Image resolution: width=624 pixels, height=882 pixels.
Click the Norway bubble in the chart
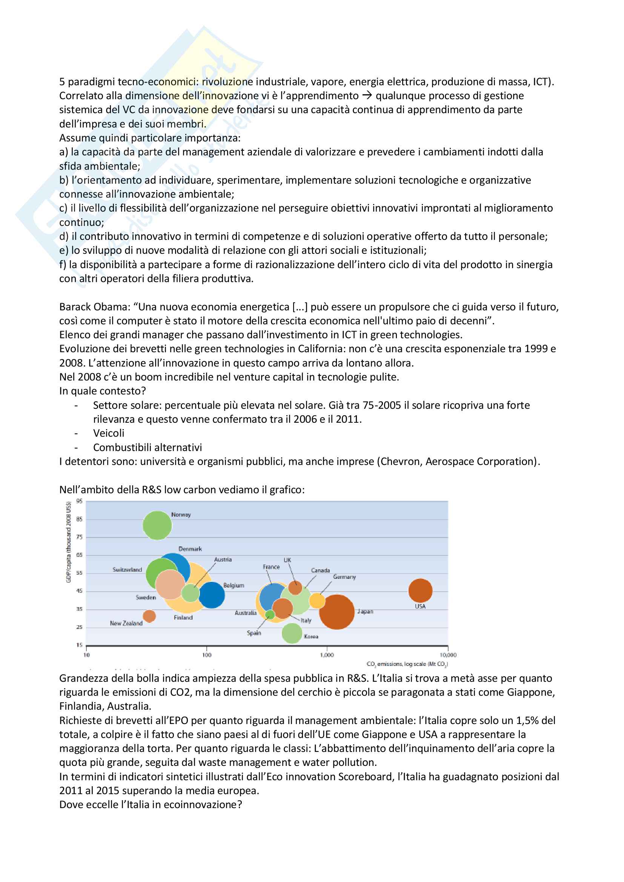tap(157, 525)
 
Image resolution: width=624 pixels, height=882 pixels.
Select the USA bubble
tap(420, 591)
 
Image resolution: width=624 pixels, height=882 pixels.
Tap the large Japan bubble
tap(337, 612)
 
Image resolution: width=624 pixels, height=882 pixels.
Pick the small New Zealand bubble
tap(149, 616)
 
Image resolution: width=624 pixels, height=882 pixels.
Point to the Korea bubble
tap(292, 633)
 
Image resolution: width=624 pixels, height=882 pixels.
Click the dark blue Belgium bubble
tap(211, 595)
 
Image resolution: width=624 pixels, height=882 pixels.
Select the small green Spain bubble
tap(270, 615)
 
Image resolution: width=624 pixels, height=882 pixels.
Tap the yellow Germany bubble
tap(317, 600)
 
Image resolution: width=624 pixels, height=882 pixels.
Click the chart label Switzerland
tap(127, 570)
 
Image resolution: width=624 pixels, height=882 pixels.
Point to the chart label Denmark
tap(190, 549)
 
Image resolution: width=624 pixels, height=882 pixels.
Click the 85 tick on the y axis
tap(79, 519)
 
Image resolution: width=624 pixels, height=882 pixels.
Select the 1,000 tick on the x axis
tap(327, 655)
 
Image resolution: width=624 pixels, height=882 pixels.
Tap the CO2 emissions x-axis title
tap(407, 664)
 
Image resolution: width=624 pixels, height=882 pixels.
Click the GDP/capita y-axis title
tap(69, 541)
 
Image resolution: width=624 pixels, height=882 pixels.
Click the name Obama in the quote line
tap(115, 307)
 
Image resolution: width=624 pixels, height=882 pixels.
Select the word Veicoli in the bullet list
tap(109, 433)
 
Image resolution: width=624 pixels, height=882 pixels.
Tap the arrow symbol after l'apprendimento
tap(367, 95)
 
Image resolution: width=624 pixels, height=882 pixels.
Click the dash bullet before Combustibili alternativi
tap(77, 448)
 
